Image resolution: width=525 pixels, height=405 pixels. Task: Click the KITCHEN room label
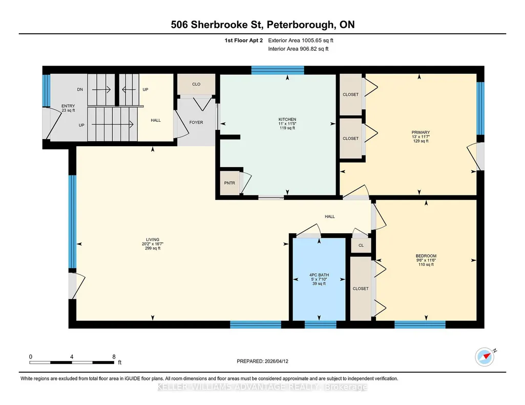(287, 119)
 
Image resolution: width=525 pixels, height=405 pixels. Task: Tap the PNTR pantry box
(229, 183)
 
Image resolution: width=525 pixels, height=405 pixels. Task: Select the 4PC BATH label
(319, 275)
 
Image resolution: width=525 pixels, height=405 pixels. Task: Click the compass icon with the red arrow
(485, 357)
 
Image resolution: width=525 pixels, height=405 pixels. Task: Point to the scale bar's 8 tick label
(114, 356)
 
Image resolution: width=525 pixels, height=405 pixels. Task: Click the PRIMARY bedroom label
(421, 132)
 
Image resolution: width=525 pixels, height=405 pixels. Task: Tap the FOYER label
(196, 122)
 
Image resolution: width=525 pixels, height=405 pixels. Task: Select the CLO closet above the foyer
(196, 84)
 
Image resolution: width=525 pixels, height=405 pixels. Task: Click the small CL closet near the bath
(361, 245)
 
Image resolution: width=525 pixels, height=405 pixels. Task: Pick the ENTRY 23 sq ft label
(68, 108)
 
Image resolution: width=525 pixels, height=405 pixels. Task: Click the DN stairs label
(80, 89)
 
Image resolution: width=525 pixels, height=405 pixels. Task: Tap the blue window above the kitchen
(278, 70)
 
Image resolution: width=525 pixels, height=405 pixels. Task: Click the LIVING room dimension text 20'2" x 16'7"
(153, 244)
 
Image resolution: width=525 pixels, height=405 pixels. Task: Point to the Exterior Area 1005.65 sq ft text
(301, 40)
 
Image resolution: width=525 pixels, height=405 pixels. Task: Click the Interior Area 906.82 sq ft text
(298, 49)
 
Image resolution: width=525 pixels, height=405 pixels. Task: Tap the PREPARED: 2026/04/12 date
(262, 361)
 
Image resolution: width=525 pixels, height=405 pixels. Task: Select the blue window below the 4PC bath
(321, 325)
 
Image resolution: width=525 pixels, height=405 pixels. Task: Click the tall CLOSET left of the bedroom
(361, 288)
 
